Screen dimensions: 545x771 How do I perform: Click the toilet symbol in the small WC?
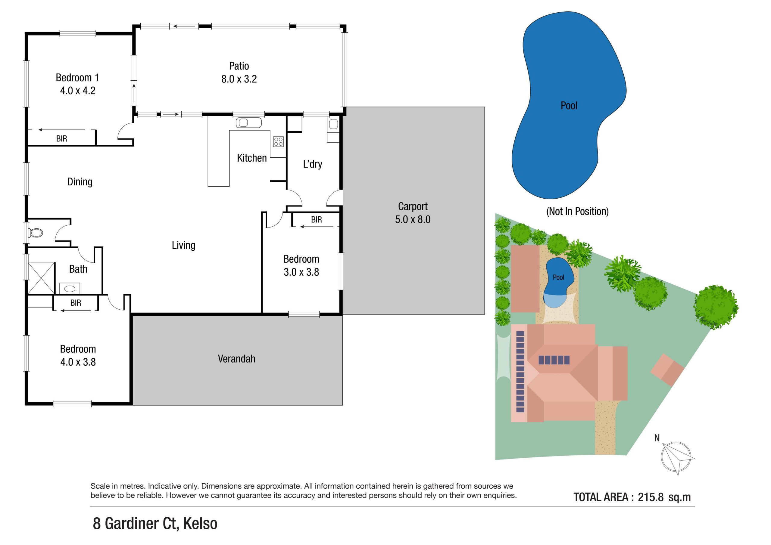click(36, 233)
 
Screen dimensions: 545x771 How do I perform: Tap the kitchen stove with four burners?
click(278, 142)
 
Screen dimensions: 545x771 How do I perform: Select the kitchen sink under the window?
click(248, 123)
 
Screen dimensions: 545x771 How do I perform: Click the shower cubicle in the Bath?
click(41, 278)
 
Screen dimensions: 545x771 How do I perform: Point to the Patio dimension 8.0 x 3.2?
click(239, 79)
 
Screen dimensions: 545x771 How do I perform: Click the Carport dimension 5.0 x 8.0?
click(412, 219)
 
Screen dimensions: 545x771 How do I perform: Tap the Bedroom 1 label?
click(77, 78)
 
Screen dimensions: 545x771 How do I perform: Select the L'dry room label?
click(312, 164)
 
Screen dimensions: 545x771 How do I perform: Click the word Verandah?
click(236, 359)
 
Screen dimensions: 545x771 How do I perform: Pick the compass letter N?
click(657, 438)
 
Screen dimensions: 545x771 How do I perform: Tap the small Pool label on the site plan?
click(558, 277)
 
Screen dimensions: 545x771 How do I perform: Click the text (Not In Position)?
click(577, 212)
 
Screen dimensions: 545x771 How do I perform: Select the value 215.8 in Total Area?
click(651, 497)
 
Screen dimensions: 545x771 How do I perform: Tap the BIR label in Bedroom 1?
click(61, 139)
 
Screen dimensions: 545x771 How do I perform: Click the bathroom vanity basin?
click(70, 288)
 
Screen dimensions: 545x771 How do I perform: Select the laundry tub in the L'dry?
click(333, 125)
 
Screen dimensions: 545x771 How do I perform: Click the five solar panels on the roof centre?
click(554, 360)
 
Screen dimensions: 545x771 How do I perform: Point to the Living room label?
click(183, 245)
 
